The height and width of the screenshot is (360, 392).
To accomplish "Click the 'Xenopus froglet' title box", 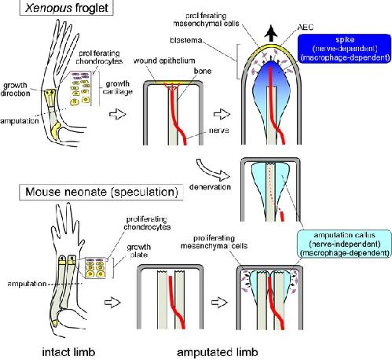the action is (66, 8).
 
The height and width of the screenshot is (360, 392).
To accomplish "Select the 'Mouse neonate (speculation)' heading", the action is (101, 192).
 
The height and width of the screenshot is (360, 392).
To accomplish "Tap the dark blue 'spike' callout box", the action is (345, 49).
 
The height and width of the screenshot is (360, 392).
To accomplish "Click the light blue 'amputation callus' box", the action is (344, 244).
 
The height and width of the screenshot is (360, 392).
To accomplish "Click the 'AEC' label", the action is (305, 28).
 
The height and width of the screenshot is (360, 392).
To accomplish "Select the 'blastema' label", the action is (186, 40).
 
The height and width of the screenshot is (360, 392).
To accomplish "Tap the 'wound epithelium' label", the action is (164, 61).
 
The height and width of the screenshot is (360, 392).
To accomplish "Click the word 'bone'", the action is (203, 71).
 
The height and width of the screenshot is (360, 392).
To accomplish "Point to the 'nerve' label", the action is (219, 130).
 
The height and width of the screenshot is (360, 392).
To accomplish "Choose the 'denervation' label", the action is (210, 187).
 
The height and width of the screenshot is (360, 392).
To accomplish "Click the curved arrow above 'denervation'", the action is (213, 170).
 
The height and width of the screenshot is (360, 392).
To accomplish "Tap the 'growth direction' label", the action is (15, 90).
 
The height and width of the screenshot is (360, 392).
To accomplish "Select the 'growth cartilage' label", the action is (118, 87).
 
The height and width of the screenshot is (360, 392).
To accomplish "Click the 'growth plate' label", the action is (138, 251).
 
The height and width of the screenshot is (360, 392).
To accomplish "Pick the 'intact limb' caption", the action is (68, 352).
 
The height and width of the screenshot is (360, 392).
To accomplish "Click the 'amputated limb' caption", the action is (218, 352).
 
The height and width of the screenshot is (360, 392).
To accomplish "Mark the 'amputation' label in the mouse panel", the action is (27, 284).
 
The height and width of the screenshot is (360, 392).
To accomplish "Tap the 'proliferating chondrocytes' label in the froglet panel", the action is (99, 57).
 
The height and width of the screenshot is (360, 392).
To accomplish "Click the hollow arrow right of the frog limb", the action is (118, 114).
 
